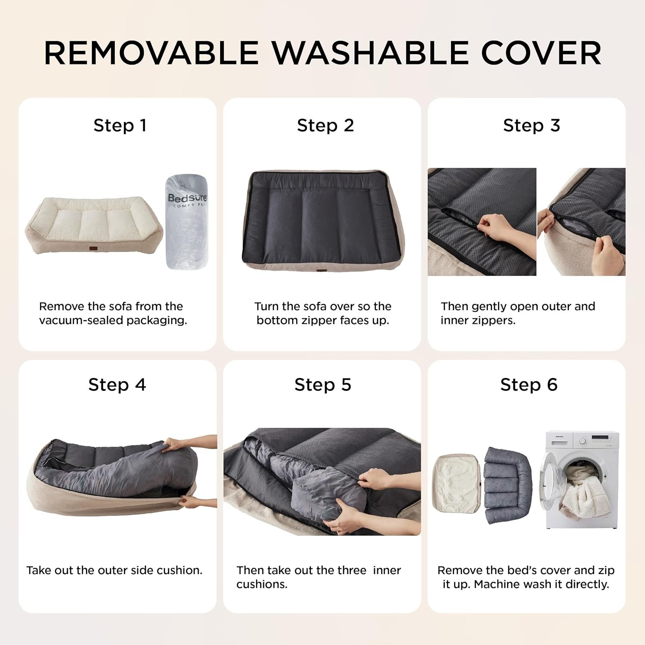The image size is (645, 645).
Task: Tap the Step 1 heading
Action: (x=120, y=126)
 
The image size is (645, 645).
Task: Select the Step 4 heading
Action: (x=117, y=384)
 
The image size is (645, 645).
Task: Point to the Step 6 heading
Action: (x=528, y=384)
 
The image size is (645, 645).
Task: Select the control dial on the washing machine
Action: (x=582, y=441)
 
